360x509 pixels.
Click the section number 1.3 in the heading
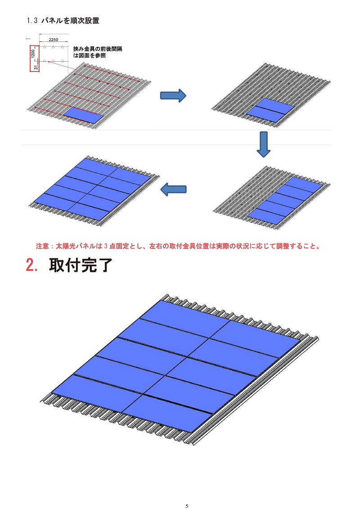[x=32, y=20]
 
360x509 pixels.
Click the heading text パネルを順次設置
[x=71, y=20]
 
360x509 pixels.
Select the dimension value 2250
[x=53, y=40]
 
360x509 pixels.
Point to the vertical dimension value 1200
[x=33, y=54]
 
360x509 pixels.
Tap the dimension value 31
[x=36, y=68]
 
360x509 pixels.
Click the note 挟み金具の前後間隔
[x=98, y=49]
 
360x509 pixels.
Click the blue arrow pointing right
[x=173, y=95]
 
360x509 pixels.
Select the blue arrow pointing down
[x=263, y=144]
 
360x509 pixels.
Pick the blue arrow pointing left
[x=174, y=189]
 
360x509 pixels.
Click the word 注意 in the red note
[x=42, y=246]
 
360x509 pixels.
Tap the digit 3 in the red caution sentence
[x=105, y=246]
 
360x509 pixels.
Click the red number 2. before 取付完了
[x=32, y=265]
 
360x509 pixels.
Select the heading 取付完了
[x=81, y=265]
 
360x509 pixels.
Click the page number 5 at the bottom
[x=187, y=506]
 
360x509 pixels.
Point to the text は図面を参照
[x=90, y=55]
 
